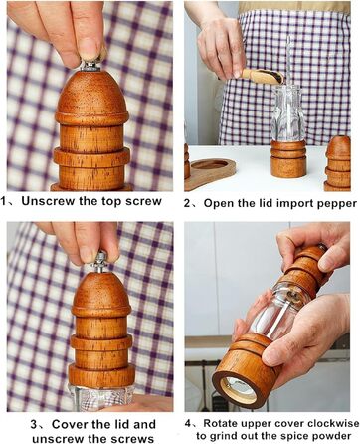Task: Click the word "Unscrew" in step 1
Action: point(49,201)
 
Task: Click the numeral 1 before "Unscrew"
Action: point(3,201)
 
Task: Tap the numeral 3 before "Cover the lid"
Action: point(34,424)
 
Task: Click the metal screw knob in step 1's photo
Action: point(91,66)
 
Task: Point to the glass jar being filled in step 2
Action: point(287,112)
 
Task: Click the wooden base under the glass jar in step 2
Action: point(288,158)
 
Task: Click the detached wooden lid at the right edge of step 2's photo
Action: point(338,163)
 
